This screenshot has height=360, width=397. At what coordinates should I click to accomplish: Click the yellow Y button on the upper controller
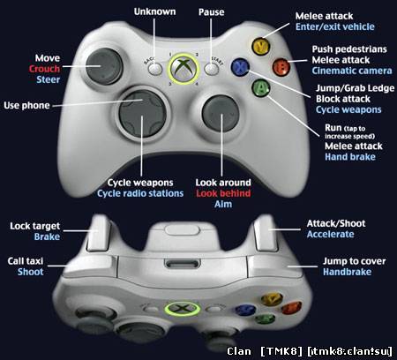pos(260,47)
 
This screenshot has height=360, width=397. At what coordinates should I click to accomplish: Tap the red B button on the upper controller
pos(281,67)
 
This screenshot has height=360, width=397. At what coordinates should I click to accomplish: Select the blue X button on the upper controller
pos(240,67)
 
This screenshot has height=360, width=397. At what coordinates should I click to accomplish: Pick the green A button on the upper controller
pos(261,88)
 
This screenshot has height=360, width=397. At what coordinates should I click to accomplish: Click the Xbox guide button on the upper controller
pos(184,69)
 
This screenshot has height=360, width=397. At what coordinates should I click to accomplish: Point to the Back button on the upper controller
pos(155,69)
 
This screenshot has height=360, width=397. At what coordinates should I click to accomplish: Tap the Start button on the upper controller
pos(212,70)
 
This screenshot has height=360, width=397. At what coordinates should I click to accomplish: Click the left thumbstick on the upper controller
pos(104,66)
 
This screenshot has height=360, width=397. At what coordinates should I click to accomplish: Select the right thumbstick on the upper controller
pos(221,113)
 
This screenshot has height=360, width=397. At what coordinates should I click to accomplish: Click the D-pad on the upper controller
pos(143,114)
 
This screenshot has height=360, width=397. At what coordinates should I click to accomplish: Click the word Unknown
pos(154,11)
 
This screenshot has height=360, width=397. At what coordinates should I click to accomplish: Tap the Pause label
pos(211,12)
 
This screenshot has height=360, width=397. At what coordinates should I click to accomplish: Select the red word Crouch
pos(44,69)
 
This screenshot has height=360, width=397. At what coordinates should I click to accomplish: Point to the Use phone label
pos(26,105)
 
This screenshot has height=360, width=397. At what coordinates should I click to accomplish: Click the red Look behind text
pos(223,193)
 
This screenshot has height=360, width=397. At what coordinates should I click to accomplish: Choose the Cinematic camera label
pos(352,71)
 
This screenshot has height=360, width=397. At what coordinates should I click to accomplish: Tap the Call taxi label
pos(26,261)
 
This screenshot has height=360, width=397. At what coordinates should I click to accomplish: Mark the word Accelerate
pos(331,234)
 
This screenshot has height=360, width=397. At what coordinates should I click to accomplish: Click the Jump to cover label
pos(355,261)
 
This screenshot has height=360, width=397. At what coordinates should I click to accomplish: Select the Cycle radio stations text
pos(140,193)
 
